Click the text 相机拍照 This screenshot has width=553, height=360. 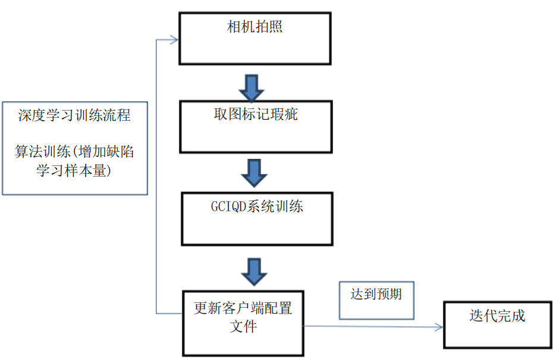click(254, 27)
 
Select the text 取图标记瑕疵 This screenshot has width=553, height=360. click(256, 114)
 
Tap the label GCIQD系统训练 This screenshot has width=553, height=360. click(257, 207)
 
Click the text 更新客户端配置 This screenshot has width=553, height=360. click(243, 308)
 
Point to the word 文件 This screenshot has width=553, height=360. click(243, 327)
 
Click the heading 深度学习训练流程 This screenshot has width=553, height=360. click(74, 115)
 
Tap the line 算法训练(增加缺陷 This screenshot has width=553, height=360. click(74, 152)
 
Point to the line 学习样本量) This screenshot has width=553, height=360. click(74, 171)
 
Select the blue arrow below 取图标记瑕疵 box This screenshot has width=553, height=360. click(254, 173)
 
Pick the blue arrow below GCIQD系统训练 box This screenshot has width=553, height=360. click(254, 272)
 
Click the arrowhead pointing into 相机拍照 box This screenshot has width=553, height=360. click(174, 40)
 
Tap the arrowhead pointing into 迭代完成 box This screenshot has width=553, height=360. click(439, 327)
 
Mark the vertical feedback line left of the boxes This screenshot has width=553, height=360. click(156, 179)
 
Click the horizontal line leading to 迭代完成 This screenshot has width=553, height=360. click(369, 327)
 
